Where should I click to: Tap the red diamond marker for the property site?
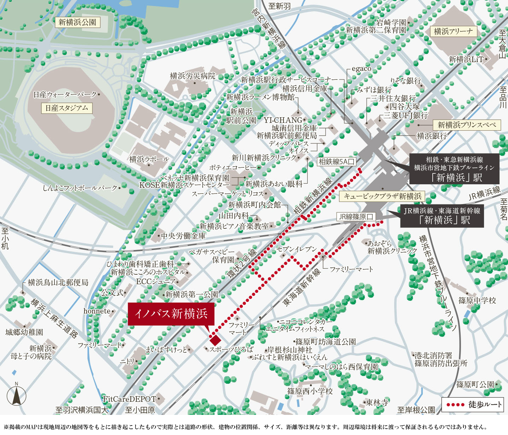[x=215, y=340]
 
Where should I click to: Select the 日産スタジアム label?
[x=66, y=108]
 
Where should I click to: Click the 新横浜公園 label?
[x=77, y=23]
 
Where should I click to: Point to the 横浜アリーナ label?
[x=453, y=31]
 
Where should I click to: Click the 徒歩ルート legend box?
[x=473, y=405]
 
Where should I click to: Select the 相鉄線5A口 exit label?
[x=336, y=162]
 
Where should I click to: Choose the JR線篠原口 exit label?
[x=356, y=217]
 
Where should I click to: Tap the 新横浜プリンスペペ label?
[x=467, y=125]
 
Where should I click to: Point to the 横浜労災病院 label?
[x=193, y=76]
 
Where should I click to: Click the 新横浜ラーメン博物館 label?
[x=260, y=97]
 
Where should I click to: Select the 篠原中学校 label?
[x=477, y=300]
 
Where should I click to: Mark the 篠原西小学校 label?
[x=310, y=391]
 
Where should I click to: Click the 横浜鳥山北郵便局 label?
[x=58, y=282]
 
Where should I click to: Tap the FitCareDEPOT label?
[x=129, y=399]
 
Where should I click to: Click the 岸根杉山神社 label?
[x=290, y=350]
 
